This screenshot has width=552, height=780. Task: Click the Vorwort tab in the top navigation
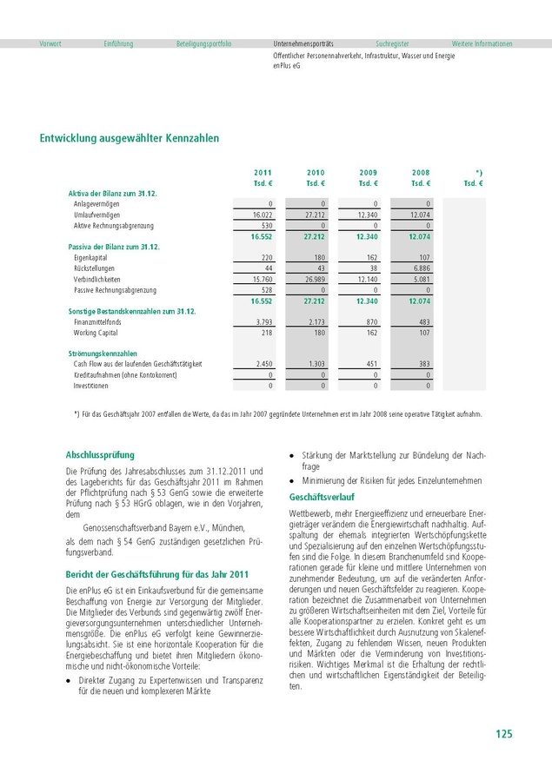click(50, 43)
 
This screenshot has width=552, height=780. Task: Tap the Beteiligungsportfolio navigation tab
click(203, 43)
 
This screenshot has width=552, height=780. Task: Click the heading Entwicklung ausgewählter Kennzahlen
click(130, 138)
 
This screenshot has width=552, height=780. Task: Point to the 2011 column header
click(263, 173)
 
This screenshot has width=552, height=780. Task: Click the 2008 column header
click(421, 173)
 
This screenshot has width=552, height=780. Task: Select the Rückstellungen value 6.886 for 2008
click(421, 268)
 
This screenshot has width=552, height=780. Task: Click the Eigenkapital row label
click(91, 258)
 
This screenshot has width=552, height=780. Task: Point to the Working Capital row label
click(96, 332)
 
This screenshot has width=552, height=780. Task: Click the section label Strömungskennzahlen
click(103, 354)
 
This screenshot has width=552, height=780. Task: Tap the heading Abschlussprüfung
click(101, 454)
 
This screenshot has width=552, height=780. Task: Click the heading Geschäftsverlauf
click(322, 497)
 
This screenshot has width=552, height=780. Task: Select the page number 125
click(504, 734)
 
